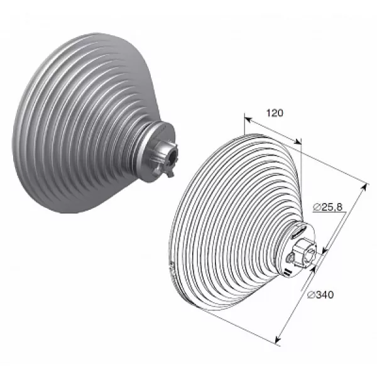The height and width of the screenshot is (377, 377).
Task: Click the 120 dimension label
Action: [x=275, y=112]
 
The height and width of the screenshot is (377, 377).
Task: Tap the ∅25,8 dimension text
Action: [x=328, y=207]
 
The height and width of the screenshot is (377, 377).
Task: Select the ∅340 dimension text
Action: [x=321, y=295]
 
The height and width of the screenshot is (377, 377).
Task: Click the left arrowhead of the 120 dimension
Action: [x=248, y=119]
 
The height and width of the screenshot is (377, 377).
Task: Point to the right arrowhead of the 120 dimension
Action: [x=298, y=141]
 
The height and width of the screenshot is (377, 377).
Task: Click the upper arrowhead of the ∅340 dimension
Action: [x=365, y=187]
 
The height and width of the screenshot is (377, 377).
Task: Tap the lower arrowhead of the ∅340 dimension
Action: [x=278, y=339]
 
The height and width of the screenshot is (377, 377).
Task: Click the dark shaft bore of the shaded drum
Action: [x=172, y=156]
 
